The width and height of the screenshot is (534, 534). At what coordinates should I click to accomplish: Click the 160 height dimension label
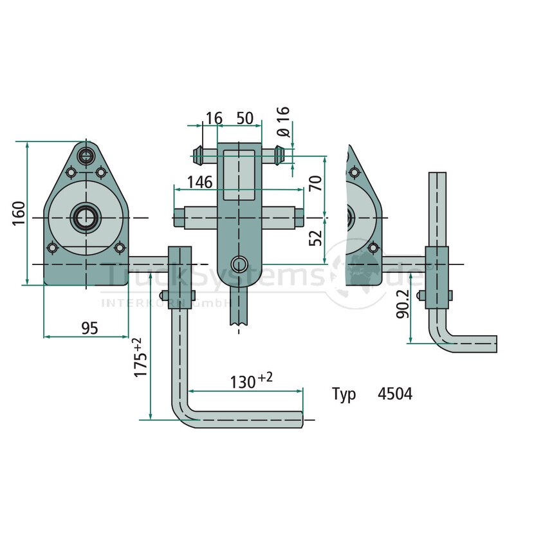[x=19, y=213]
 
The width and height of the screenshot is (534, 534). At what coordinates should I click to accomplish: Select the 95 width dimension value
[x=90, y=328]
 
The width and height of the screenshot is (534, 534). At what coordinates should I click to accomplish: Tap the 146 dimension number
[x=200, y=182]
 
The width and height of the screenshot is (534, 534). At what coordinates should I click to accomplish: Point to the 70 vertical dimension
[x=316, y=183]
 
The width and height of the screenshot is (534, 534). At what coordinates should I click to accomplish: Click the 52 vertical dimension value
[x=316, y=237]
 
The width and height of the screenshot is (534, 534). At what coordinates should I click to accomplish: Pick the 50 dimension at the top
[x=245, y=118]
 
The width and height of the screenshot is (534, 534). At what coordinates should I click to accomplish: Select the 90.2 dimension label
[x=403, y=304]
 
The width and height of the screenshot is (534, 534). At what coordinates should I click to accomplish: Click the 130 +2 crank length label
[x=252, y=380]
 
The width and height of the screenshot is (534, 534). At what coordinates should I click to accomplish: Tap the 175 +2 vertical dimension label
[x=140, y=357]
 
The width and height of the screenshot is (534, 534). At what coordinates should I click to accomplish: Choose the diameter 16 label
[x=283, y=122]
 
